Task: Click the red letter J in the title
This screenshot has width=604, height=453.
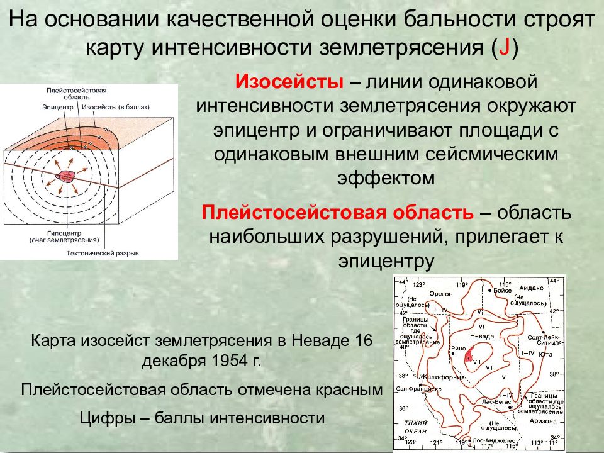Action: coord(504,50)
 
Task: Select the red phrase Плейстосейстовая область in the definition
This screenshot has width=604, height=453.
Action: coord(337,213)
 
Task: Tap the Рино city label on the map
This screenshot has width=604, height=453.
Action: coord(458,348)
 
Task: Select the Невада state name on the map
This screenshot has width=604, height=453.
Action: coord(482,337)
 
